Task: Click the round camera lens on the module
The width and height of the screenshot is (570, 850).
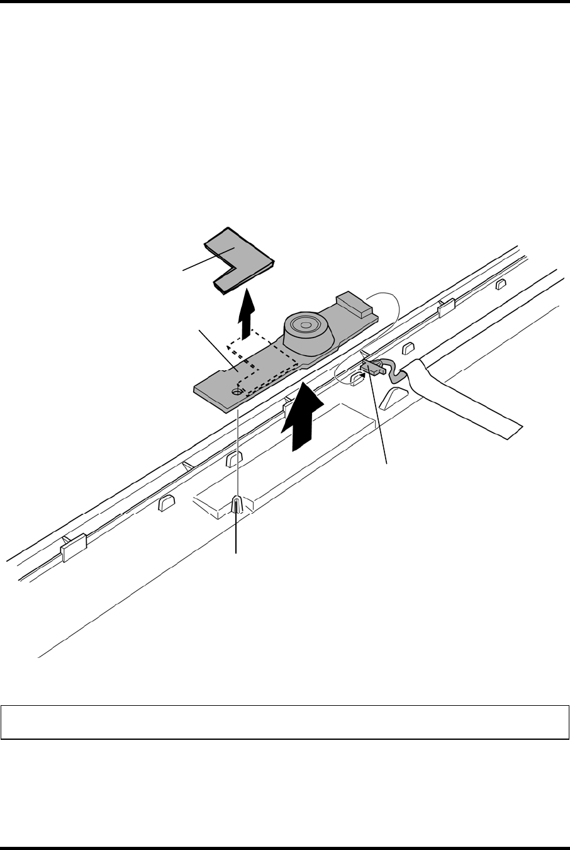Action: (306, 327)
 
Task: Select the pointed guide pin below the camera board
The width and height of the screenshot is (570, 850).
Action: (237, 504)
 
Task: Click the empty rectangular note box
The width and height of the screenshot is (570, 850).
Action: (285, 722)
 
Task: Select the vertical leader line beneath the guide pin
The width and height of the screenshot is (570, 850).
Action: (237, 535)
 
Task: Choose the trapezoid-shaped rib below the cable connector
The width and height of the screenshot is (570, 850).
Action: (395, 397)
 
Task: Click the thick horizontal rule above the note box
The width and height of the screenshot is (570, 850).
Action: (285, 2)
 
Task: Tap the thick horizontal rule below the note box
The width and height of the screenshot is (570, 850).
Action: (285, 847)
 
